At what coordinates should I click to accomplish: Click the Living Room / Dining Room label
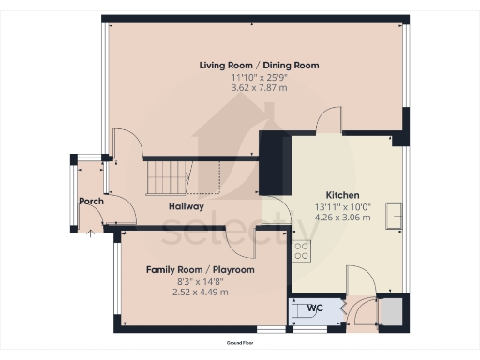(259, 66)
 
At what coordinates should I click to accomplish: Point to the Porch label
(91, 202)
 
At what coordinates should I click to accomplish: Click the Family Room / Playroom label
(200, 269)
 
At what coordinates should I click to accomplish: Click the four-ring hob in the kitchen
(302, 250)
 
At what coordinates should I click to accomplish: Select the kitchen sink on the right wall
(397, 213)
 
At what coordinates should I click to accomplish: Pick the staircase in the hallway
(169, 175)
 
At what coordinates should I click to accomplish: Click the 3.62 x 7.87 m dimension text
(259, 88)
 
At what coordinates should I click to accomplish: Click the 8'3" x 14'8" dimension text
(200, 280)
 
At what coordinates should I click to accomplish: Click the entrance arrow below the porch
(90, 233)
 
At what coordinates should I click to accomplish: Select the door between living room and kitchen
(332, 121)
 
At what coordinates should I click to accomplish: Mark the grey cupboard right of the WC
(391, 310)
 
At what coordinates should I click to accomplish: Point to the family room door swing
(246, 242)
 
